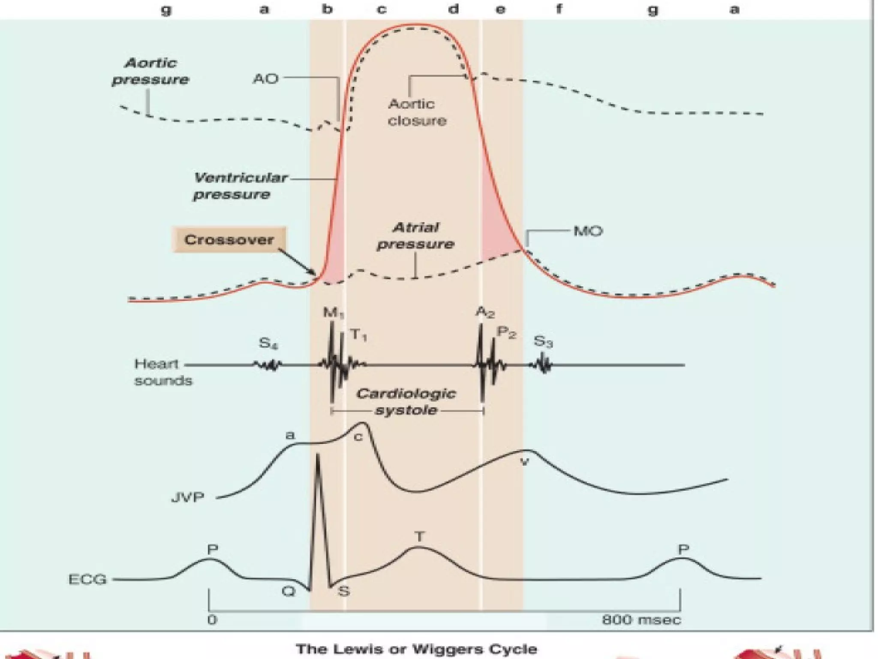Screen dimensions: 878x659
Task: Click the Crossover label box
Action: [x=229, y=239]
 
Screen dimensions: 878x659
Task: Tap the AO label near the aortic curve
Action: [x=266, y=79]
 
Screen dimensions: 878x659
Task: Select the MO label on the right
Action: [x=588, y=231]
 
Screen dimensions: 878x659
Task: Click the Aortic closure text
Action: [x=417, y=112]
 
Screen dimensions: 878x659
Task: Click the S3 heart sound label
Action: [x=543, y=342]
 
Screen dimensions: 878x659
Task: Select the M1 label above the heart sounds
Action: [x=333, y=313]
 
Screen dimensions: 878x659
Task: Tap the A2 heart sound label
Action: [x=485, y=312]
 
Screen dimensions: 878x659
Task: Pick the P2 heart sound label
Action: [x=506, y=333]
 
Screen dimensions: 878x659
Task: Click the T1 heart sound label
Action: [x=358, y=334]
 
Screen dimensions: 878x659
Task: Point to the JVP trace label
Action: [x=188, y=498]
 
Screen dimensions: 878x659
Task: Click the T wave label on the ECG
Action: [x=420, y=536]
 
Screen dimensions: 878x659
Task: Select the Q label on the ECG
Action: [x=289, y=592]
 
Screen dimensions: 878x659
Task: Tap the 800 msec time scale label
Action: [x=641, y=620]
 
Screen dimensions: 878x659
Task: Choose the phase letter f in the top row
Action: [x=559, y=9]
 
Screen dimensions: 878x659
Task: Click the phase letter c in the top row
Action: [x=381, y=9]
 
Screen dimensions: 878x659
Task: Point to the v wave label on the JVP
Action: [x=524, y=462]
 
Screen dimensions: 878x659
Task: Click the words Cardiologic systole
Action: [x=406, y=402]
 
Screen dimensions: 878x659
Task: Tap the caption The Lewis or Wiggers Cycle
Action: [x=416, y=649]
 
